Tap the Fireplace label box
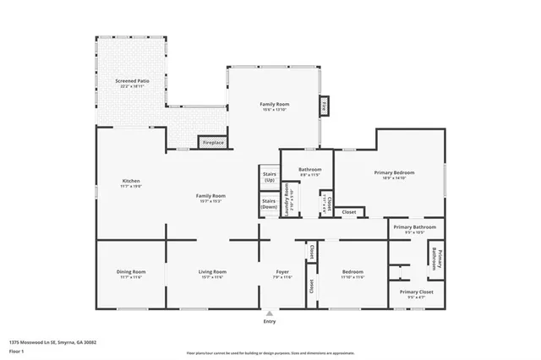point(213,143)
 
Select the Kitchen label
point(130,183)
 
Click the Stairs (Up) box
point(269,177)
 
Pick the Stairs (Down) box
point(269,204)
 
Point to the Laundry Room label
point(287,200)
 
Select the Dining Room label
point(131,274)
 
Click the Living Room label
point(212,274)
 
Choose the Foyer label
point(281,274)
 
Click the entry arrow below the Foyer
point(270,313)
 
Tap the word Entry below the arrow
point(270,322)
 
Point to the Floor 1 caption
point(17,352)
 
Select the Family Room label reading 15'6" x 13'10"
point(274,106)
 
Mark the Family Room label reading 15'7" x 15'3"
point(211,198)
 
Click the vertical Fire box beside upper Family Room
point(323,106)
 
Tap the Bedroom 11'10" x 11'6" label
point(352,274)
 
